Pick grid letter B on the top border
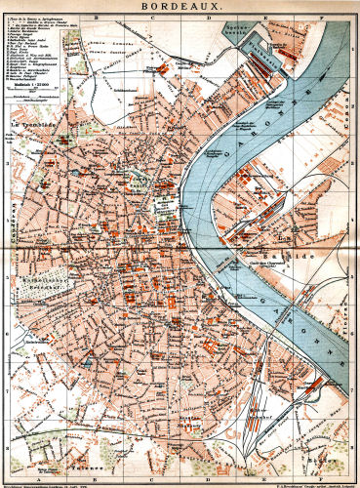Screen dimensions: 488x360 pos(95,16)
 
